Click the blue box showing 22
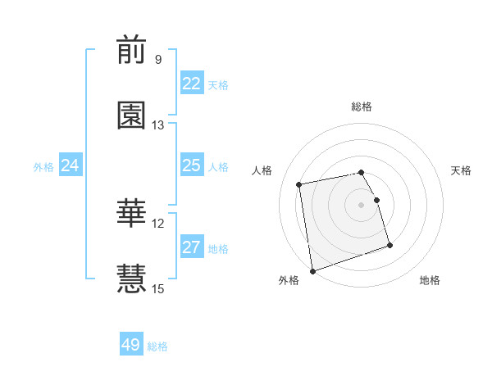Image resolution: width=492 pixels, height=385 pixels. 192,84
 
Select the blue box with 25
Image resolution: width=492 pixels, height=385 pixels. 192,165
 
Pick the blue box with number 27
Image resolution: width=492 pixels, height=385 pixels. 192,247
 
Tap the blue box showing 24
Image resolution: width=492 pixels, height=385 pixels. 71,165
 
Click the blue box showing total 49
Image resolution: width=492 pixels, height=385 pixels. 131,345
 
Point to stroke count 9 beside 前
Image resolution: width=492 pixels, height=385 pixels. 158,60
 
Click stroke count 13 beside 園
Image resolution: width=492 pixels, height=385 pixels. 158,125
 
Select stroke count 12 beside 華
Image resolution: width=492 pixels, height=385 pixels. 158,223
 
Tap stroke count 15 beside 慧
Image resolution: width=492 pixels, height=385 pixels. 158,288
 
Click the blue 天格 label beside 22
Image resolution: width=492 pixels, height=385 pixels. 218,84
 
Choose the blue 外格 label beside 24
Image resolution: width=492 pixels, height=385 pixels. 43,166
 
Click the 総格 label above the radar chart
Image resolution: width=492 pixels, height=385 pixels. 362,106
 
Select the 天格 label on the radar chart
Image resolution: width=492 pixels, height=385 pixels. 461,170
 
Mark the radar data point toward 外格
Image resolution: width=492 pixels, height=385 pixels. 312,270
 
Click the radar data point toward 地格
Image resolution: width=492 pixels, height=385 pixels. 389,245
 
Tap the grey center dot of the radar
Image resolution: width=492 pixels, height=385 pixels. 362,205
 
